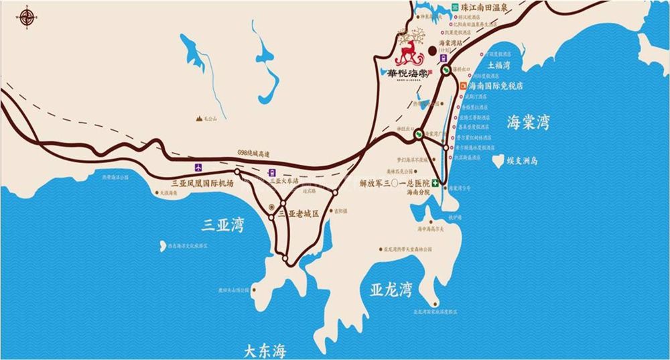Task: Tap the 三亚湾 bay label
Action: point(224,223)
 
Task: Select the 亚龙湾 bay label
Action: point(391,290)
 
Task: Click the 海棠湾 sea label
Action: point(528,123)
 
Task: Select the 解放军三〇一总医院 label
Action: point(394,182)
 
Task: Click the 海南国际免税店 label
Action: point(496,86)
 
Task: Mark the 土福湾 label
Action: point(499,66)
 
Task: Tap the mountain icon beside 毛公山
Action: point(199,118)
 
